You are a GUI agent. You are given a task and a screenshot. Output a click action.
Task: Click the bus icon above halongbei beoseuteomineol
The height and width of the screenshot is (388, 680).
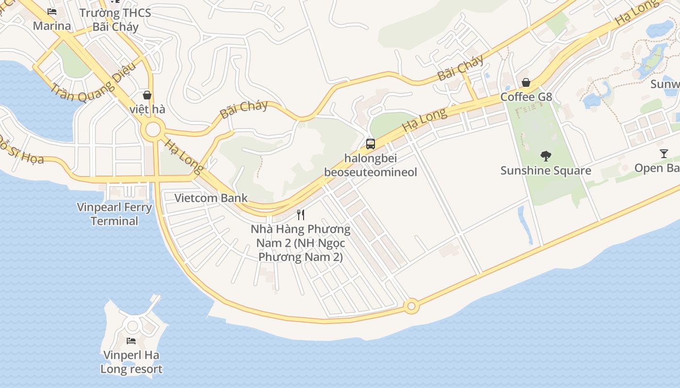(x=371, y=144)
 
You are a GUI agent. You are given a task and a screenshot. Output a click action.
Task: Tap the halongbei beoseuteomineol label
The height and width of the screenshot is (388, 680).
(x=371, y=165)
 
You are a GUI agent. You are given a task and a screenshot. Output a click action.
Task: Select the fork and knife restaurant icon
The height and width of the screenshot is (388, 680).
(x=301, y=214)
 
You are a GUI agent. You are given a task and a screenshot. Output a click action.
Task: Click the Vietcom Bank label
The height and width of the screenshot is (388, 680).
(x=211, y=198)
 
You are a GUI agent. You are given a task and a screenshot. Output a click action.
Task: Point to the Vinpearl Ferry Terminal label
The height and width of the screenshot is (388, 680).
(x=115, y=214)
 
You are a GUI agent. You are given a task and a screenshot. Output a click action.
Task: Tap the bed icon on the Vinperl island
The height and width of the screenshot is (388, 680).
(x=131, y=340)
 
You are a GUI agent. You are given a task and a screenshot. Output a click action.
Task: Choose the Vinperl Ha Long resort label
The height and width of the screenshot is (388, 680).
(x=131, y=362)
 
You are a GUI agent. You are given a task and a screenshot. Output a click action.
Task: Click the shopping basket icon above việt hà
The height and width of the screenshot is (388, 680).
(x=147, y=95)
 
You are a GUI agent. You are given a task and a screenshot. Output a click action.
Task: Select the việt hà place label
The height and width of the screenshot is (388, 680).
(x=147, y=110)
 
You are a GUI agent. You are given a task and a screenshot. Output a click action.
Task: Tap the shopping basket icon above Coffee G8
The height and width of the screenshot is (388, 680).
(x=526, y=82)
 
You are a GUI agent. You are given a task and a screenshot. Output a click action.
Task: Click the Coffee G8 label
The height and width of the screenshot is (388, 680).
(x=526, y=97)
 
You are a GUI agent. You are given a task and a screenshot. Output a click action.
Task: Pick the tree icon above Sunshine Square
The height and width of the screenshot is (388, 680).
(x=546, y=156)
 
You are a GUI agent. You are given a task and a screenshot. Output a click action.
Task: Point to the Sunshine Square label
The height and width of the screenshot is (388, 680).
(x=546, y=171)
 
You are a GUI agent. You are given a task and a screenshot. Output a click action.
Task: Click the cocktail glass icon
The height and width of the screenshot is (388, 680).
(x=664, y=154)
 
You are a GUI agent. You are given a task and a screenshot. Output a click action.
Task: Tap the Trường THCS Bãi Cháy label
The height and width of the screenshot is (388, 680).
(x=115, y=20)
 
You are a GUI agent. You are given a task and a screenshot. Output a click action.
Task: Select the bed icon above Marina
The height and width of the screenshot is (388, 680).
(x=52, y=12)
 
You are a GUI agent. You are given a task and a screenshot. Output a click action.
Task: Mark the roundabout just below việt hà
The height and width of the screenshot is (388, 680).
(x=153, y=129)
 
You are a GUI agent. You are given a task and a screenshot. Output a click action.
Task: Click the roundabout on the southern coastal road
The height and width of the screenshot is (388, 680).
(x=412, y=307)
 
